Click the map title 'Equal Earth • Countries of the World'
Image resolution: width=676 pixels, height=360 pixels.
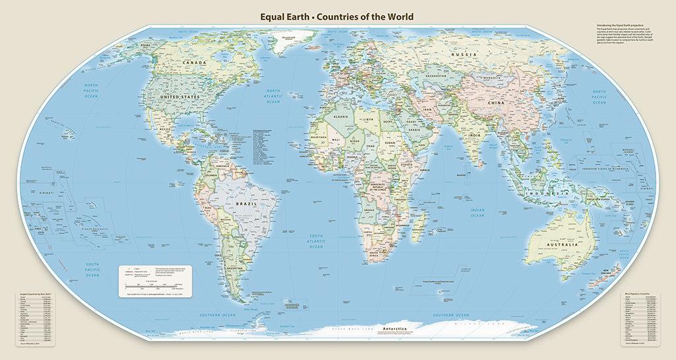[x=337, y=16]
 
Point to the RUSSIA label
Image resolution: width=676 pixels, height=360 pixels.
[x=463, y=54]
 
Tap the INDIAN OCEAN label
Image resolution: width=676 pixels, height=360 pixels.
[x=477, y=212]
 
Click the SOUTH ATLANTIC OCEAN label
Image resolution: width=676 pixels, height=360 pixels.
[x=317, y=241]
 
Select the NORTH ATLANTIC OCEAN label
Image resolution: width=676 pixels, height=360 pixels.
[x=273, y=96]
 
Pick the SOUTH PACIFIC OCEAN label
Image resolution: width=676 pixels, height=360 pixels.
[x=92, y=270]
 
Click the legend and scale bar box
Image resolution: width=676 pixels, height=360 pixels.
[x=155, y=280]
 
